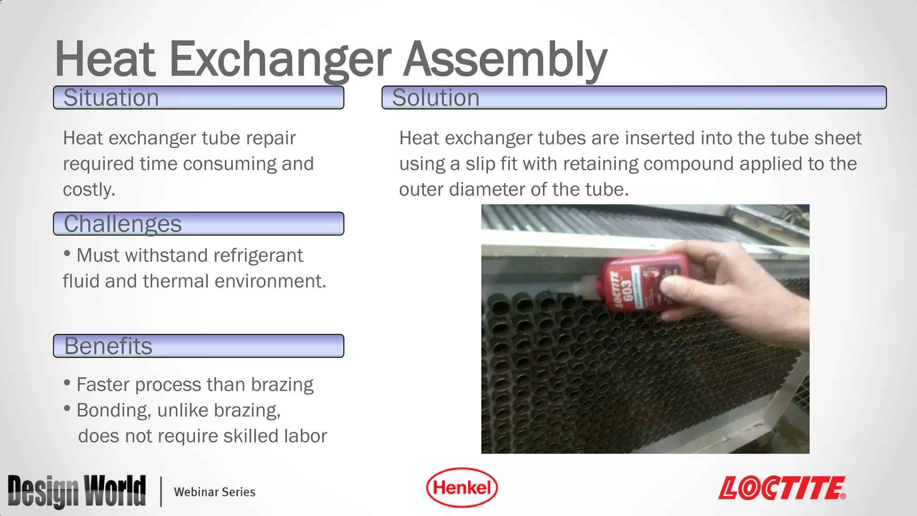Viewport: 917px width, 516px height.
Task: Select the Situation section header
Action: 198,98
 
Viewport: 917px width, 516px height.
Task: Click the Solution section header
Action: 634,98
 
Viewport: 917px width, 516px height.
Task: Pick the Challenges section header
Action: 198,224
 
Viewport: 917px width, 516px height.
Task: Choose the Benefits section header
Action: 198,346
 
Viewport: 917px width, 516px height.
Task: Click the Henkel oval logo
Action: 462,488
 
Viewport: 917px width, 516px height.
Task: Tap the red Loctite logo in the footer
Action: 782,488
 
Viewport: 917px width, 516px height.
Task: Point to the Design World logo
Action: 77,491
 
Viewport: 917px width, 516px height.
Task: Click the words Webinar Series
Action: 214,492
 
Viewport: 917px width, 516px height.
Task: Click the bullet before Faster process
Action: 67,383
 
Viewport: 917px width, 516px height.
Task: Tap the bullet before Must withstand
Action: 67,254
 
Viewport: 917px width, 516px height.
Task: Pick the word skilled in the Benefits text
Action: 247,436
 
